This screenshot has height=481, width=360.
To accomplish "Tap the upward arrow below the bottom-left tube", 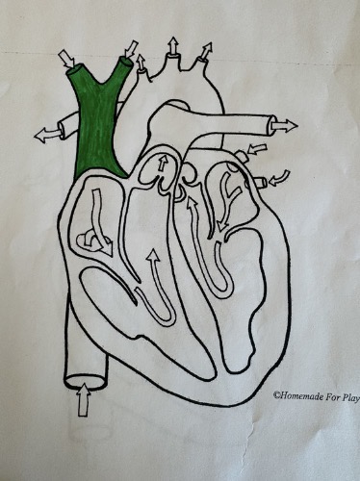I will point(81,398).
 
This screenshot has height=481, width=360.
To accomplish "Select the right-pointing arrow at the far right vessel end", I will point(285,124).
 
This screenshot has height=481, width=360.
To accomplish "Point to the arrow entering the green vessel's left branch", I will point(66,59).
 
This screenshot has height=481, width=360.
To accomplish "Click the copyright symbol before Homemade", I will point(275,394).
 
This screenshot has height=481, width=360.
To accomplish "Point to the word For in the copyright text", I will point(327,394).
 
